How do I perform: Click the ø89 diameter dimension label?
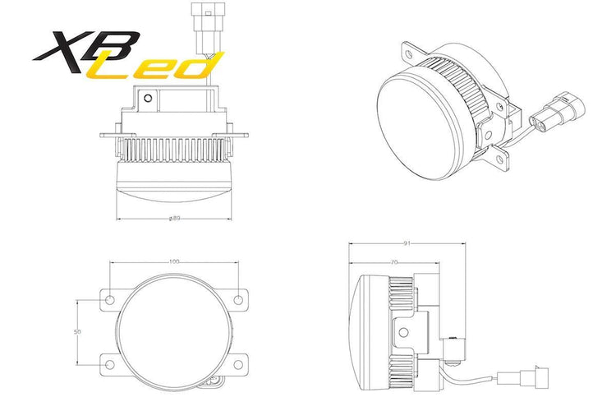(x=174, y=219)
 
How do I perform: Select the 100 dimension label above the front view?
(x=174, y=261)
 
